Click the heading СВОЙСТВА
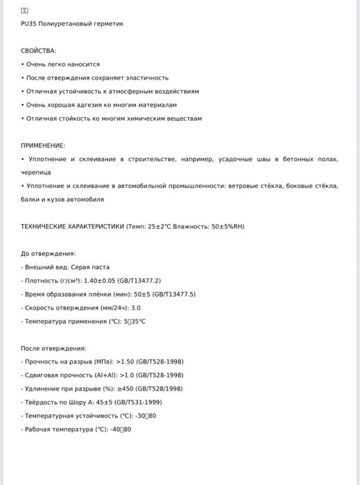click(x=39, y=51)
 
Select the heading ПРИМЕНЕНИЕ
click(x=43, y=146)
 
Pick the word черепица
click(x=35, y=172)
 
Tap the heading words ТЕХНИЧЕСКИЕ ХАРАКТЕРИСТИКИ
click(x=72, y=226)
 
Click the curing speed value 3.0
click(x=136, y=307)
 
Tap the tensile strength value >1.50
click(x=128, y=362)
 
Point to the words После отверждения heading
click(x=53, y=348)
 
